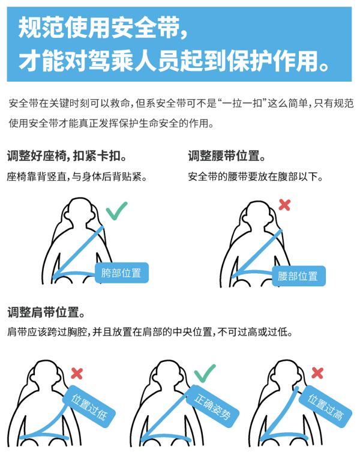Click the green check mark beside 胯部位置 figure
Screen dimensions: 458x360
116,211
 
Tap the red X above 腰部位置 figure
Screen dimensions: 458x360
284,205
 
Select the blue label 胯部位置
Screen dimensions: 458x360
121,273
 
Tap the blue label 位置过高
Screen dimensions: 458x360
325,406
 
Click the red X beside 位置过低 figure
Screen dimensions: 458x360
77,373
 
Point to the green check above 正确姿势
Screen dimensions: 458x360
205,373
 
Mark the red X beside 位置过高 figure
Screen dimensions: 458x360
317,373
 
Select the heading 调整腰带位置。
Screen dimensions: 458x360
227,157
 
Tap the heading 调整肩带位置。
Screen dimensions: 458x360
46,312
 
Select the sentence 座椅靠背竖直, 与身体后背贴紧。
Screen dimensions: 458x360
77,177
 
